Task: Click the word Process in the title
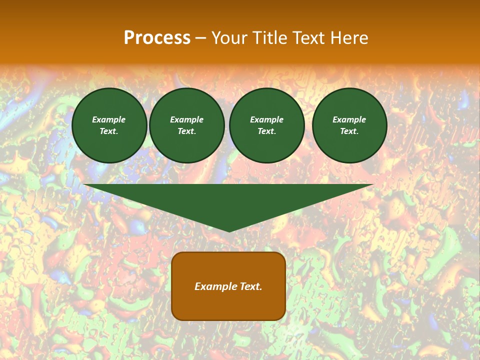click(x=157, y=38)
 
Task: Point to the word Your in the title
click(x=229, y=38)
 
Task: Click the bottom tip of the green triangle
click(x=229, y=230)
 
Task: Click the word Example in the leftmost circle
click(x=109, y=119)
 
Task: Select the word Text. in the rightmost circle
click(x=349, y=131)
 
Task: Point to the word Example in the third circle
click(x=267, y=119)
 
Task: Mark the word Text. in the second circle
click(x=187, y=131)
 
